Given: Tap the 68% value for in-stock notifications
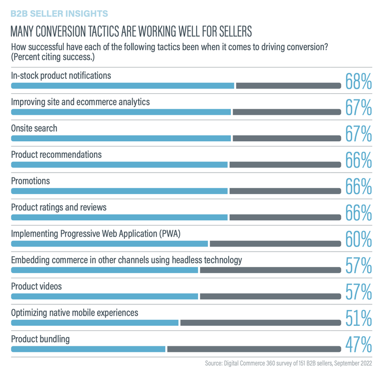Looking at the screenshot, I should pyautogui.click(x=357, y=81).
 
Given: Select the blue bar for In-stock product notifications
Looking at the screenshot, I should pyautogui.click(x=122, y=86).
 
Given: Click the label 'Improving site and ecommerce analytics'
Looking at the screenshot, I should pyautogui.click(x=80, y=102).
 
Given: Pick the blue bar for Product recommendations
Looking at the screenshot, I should pyautogui.click(x=119, y=164).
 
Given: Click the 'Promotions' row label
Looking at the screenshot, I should pyautogui.click(x=31, y=181).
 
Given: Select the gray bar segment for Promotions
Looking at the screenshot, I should pyautogui.click(x=285, y=191).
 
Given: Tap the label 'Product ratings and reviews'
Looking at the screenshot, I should pyautogui.click(x=59, y=207).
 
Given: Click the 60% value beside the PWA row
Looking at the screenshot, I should pyautogui.click(x=357, y=240).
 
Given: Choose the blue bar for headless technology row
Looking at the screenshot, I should pyautogui.click(x=104, y=270).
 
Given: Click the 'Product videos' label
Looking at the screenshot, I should pyautogui.click(x=36, y=286).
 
